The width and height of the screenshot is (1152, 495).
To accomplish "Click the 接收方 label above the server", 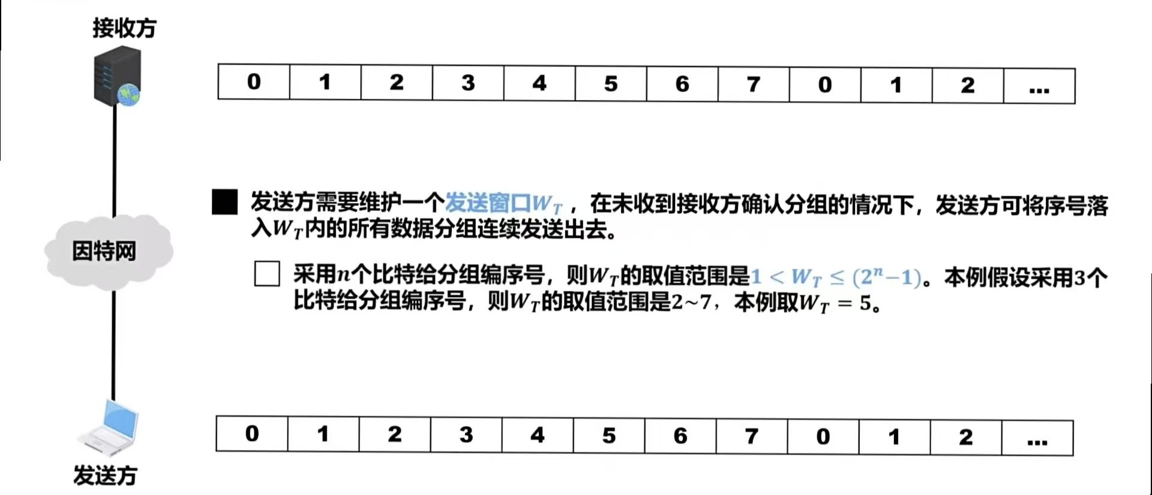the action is click(124, 28).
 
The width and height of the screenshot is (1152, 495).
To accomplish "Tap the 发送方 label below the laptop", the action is click(105, 475).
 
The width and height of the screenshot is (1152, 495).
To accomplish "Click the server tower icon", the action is click(116, 76).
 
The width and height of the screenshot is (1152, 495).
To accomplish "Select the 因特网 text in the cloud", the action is click(104, 251).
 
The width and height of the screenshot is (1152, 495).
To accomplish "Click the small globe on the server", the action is click(129, 94).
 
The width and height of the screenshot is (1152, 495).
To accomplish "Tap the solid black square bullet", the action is click(224, 202).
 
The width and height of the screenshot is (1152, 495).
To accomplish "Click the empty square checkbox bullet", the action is click(267, 274).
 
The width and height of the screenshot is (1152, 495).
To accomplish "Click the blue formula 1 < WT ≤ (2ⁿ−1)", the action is click(835, 277).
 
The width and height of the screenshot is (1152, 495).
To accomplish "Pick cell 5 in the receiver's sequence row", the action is click(611, 83).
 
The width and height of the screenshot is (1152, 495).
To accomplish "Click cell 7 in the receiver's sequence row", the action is click(754, 84).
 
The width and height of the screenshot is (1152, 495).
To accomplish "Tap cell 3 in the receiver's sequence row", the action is click(468, 83).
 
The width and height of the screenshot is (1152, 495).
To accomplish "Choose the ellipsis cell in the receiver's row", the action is click(1039, 86).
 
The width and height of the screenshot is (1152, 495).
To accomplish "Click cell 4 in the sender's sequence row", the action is click(537, 435).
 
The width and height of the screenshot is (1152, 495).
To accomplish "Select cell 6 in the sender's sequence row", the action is click(680, 436).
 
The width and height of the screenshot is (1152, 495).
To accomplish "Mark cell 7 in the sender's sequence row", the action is click(751, 436).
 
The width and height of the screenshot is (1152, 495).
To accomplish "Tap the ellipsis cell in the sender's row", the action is click(1037, 438).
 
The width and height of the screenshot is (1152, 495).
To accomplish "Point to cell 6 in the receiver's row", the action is click(682, 84).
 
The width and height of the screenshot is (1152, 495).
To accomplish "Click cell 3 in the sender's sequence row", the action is click(466, 434).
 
